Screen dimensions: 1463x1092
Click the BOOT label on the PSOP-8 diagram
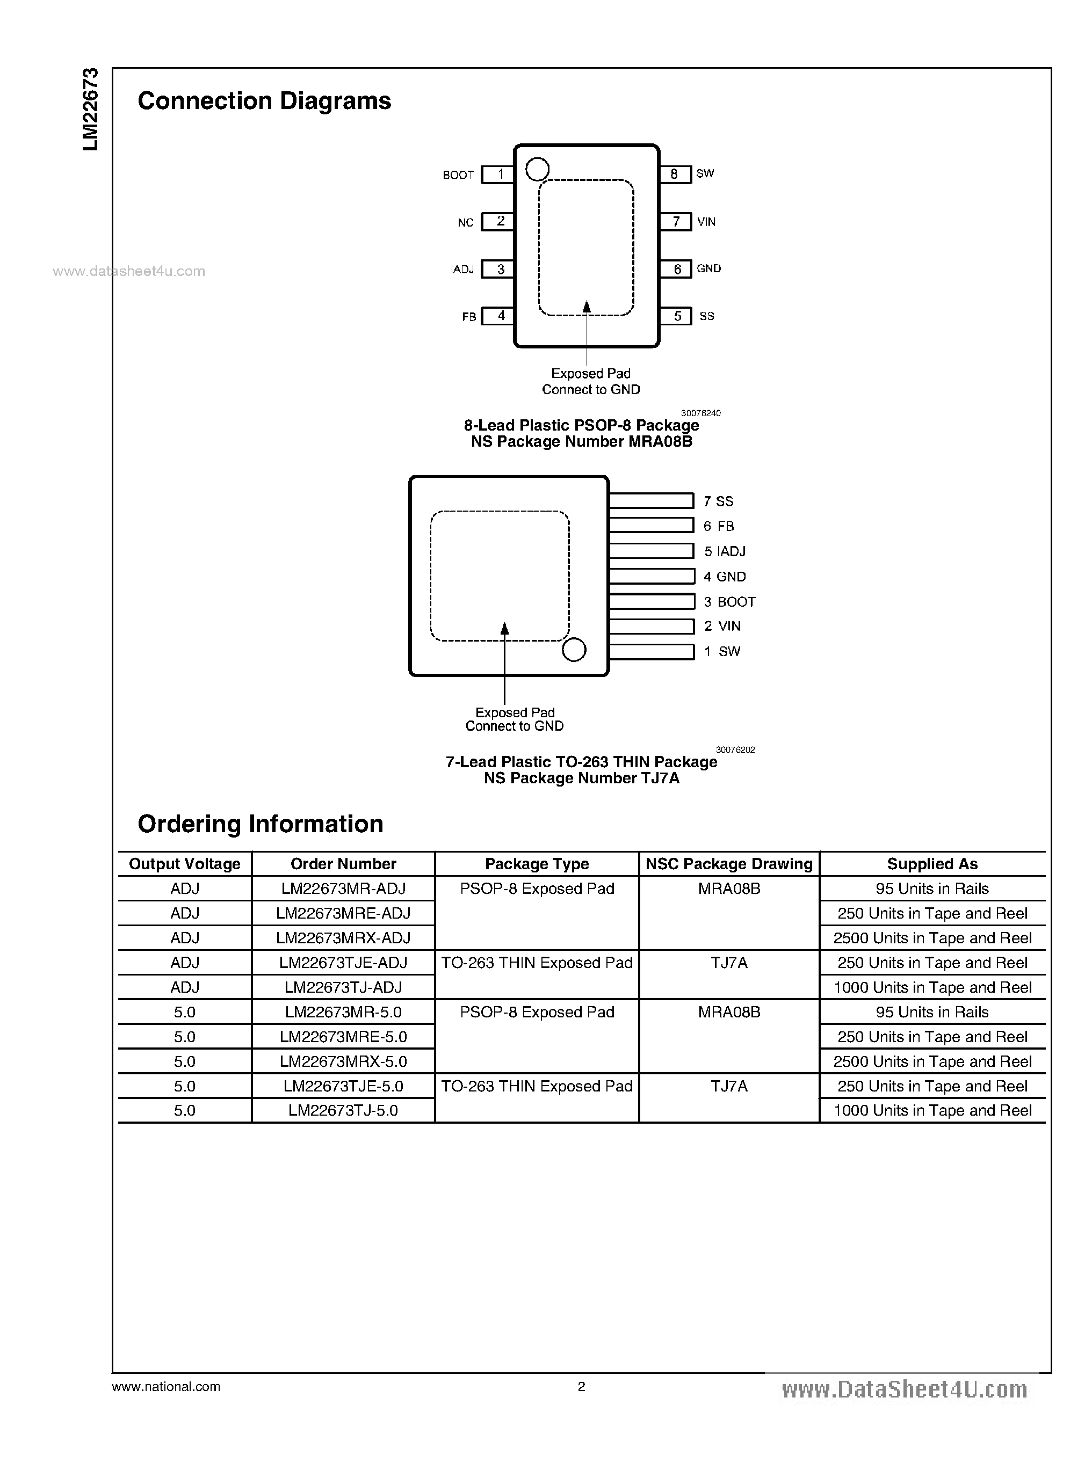click(x=458, y=175)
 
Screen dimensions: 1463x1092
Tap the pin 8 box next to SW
click(x=675, y=174)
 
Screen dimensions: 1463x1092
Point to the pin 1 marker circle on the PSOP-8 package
click(x=537, y=169)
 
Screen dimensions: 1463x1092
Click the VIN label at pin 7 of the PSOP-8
click(x=706, y=222)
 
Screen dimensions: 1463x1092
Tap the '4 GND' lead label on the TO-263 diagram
click(x=725, y=577)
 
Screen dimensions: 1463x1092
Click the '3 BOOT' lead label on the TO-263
click(x=729, y=602)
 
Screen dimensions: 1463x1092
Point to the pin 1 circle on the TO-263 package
click(x=573, y=650)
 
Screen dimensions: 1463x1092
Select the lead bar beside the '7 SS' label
click(x=651, y=501)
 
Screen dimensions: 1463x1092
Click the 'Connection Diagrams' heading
click(x=264, y=101)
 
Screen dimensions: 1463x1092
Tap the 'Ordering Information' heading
click(x=261, y=824)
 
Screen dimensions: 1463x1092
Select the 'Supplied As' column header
click(x=932, y=864)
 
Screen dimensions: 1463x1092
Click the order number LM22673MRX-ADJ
click(x=343, y=938)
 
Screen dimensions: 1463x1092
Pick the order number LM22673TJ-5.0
click(x=343, y=1111)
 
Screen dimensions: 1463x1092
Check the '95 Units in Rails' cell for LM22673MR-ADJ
click(x=932, y=889)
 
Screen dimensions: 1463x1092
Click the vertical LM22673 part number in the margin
click(x=91, y=109)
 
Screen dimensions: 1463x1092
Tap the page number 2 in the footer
click(x=582, y=1387)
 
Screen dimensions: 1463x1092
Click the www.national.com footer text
click(x=166, y=1387)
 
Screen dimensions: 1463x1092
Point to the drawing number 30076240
click(x=700, y=413)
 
